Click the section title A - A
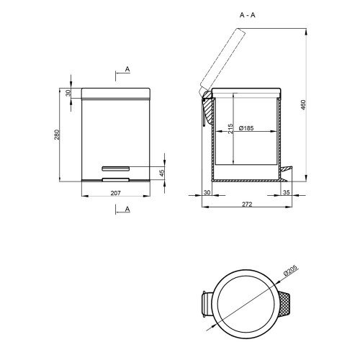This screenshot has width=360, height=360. (248, 15)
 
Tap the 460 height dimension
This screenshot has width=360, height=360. (303, 105)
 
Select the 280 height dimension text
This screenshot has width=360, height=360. (57, 135)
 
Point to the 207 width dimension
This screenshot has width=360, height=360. (116, 193)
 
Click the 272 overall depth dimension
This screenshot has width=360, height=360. (247, 204)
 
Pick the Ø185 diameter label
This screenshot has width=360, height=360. (246, 128)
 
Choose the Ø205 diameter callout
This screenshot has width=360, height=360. (290, 271)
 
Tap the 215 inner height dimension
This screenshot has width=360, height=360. (230, 129)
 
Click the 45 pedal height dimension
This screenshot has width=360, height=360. (162, 173)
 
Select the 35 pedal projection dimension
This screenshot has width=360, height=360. (287, 192)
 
